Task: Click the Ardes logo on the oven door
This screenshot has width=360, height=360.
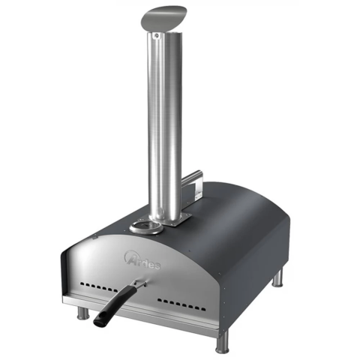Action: [x=142, y=261]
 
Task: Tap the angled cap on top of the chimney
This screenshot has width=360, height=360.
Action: [x=163, y=17]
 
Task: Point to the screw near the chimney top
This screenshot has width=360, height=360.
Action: [x=157, y=36]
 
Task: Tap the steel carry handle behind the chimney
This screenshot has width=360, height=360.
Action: [x=192, y=183]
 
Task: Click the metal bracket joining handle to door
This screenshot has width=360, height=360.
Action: [x=140, y=284]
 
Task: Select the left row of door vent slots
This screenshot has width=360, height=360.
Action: [x=98, y=287]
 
